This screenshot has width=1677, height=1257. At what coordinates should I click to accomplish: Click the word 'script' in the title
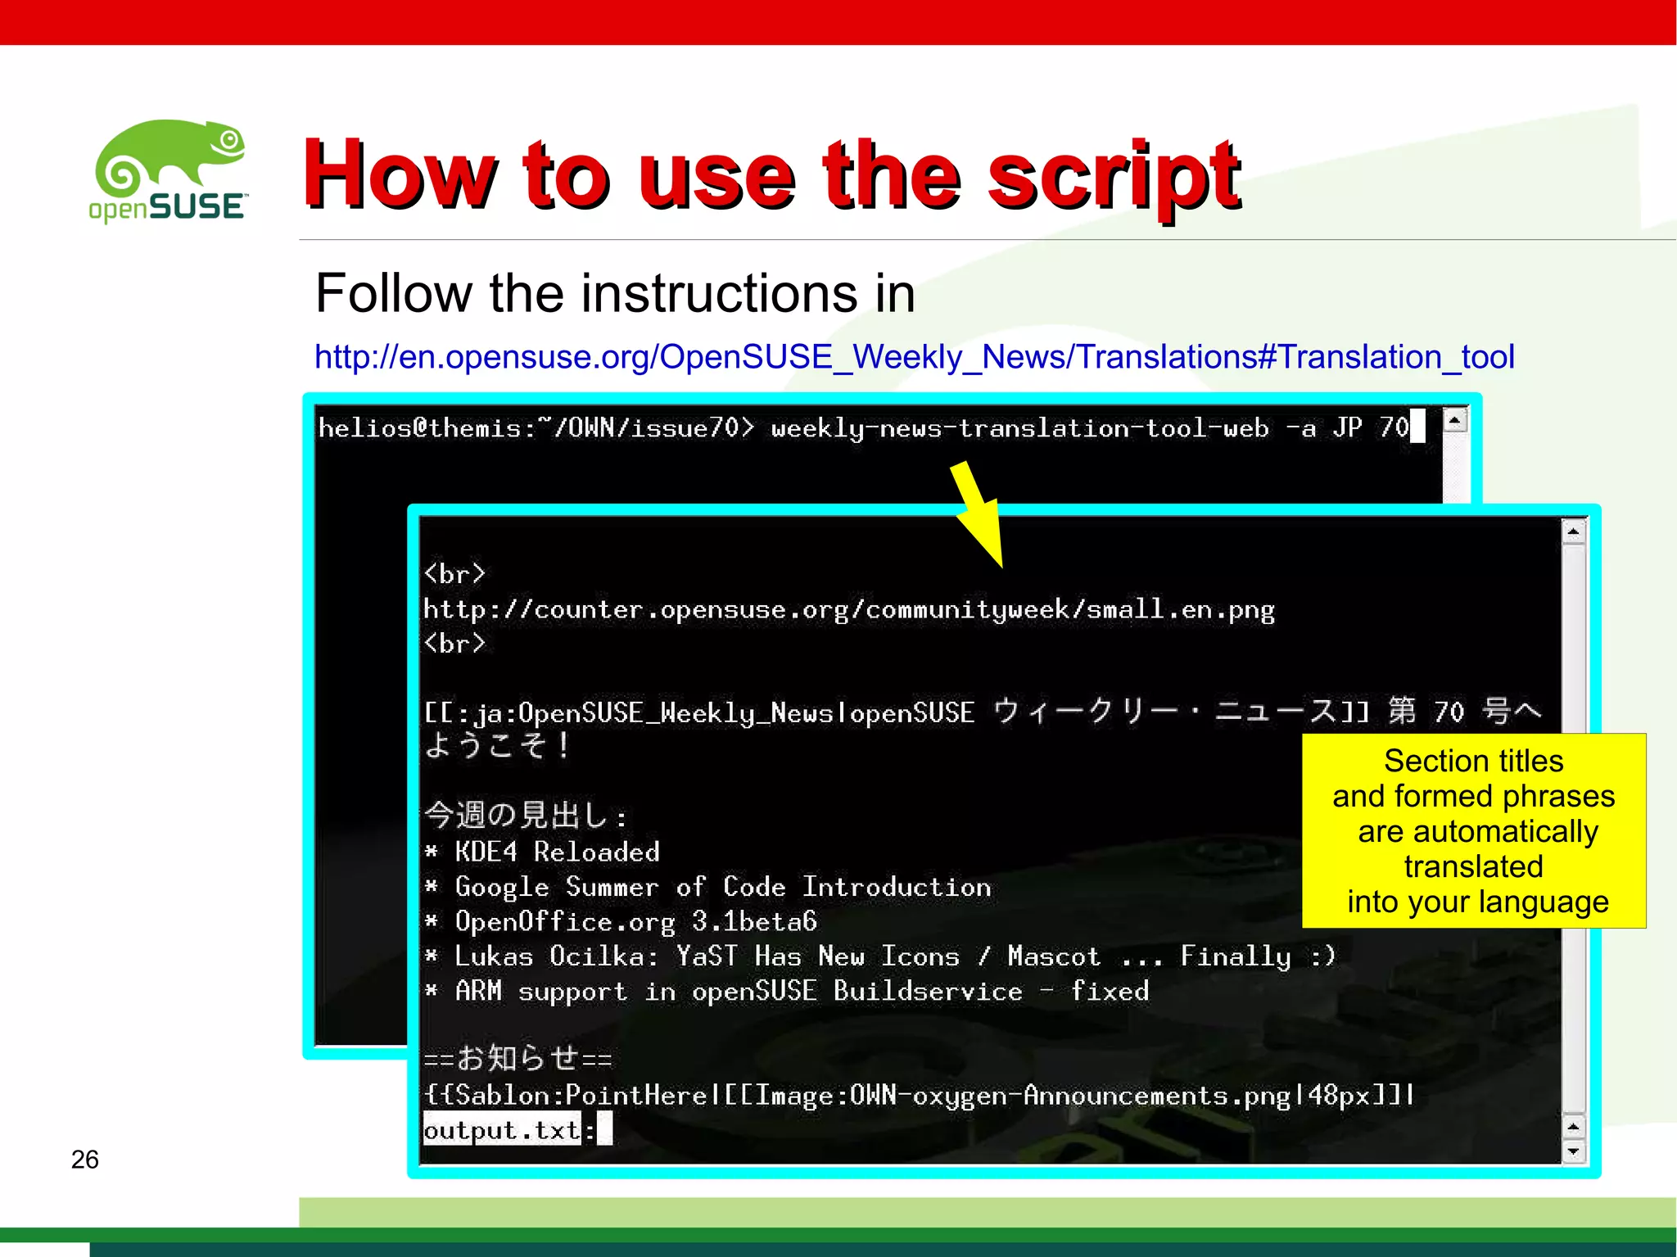(1114, 176)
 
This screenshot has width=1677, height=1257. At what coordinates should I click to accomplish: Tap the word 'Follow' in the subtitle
(393, 293)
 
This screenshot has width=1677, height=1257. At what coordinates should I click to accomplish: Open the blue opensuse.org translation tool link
(914, 357)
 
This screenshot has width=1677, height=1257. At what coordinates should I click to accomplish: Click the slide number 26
(84, 1160)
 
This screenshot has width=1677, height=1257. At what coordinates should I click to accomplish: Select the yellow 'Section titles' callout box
(1473, 830)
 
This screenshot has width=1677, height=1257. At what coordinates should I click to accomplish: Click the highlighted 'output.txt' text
(501, 1130)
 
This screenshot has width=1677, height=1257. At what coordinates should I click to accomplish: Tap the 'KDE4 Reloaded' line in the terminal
(557, 852)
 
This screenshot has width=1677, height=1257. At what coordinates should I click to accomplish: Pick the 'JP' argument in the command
(1347, 427)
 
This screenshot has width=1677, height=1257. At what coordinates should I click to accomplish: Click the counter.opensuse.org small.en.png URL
(848, 610)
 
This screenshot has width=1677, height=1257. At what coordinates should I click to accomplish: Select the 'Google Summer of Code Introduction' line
(722, 887)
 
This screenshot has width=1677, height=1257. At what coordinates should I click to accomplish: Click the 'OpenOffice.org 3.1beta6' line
(635, 922)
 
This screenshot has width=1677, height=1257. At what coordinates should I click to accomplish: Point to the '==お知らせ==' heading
(518, 1059)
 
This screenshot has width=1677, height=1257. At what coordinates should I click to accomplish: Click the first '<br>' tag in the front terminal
(454, 574)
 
